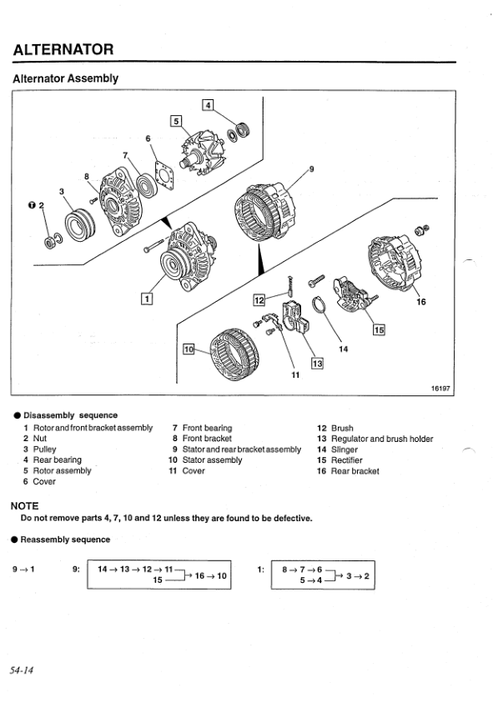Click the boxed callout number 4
208,105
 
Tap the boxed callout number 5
176,121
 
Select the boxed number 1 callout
147,299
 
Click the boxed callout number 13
317,363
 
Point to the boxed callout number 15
379,330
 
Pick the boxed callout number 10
189,349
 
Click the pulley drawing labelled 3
80,224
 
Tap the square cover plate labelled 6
164,176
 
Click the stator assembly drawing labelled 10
234,354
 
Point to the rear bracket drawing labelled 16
395,263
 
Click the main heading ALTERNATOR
63,49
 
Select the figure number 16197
440,389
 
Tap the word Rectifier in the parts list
346,460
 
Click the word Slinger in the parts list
345,449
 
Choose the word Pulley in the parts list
44,449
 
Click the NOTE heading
25,506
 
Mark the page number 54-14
22,670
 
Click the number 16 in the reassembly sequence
199,575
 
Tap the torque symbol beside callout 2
32,205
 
